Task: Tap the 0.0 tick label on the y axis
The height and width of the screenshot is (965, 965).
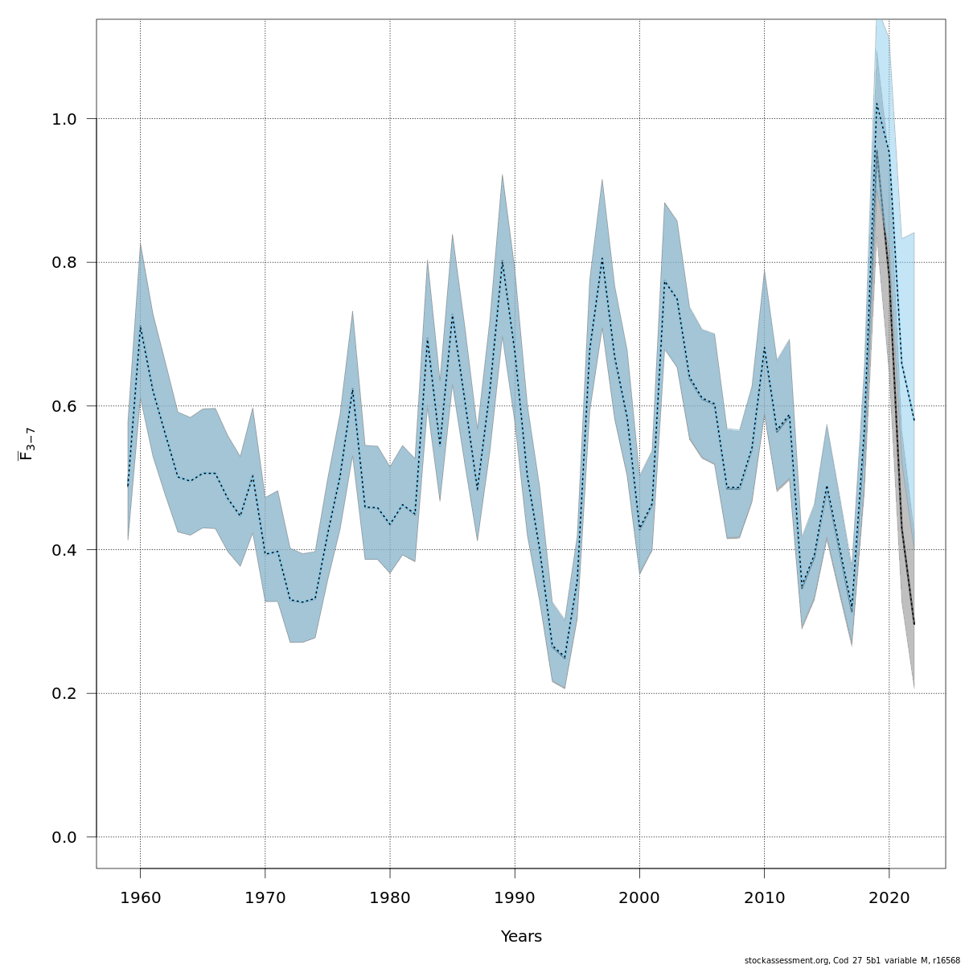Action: (x=64, y=837)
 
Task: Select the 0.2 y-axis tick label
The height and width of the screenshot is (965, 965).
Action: (x=64, y=693)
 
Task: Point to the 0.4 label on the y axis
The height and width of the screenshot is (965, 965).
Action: (x=64, y=550)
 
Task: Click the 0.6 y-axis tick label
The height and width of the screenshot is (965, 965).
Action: (x=64, y=406)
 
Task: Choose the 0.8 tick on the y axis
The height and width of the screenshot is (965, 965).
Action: (x=64, y=262)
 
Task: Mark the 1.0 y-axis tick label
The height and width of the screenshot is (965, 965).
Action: (x=64, y=119)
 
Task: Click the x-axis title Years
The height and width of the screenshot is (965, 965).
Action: (x=521, y=937)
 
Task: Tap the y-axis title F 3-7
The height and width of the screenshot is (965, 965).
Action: (x=26, y=444)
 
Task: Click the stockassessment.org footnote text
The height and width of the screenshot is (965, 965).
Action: (x=852, y=960)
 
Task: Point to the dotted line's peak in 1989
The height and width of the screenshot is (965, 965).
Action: (x=503, y=261)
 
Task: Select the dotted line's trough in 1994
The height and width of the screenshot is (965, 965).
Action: (x=565, y=659)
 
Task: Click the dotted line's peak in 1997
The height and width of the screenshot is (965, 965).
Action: (x=602, y=258)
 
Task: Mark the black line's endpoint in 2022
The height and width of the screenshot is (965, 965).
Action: (x=914, y=624)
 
